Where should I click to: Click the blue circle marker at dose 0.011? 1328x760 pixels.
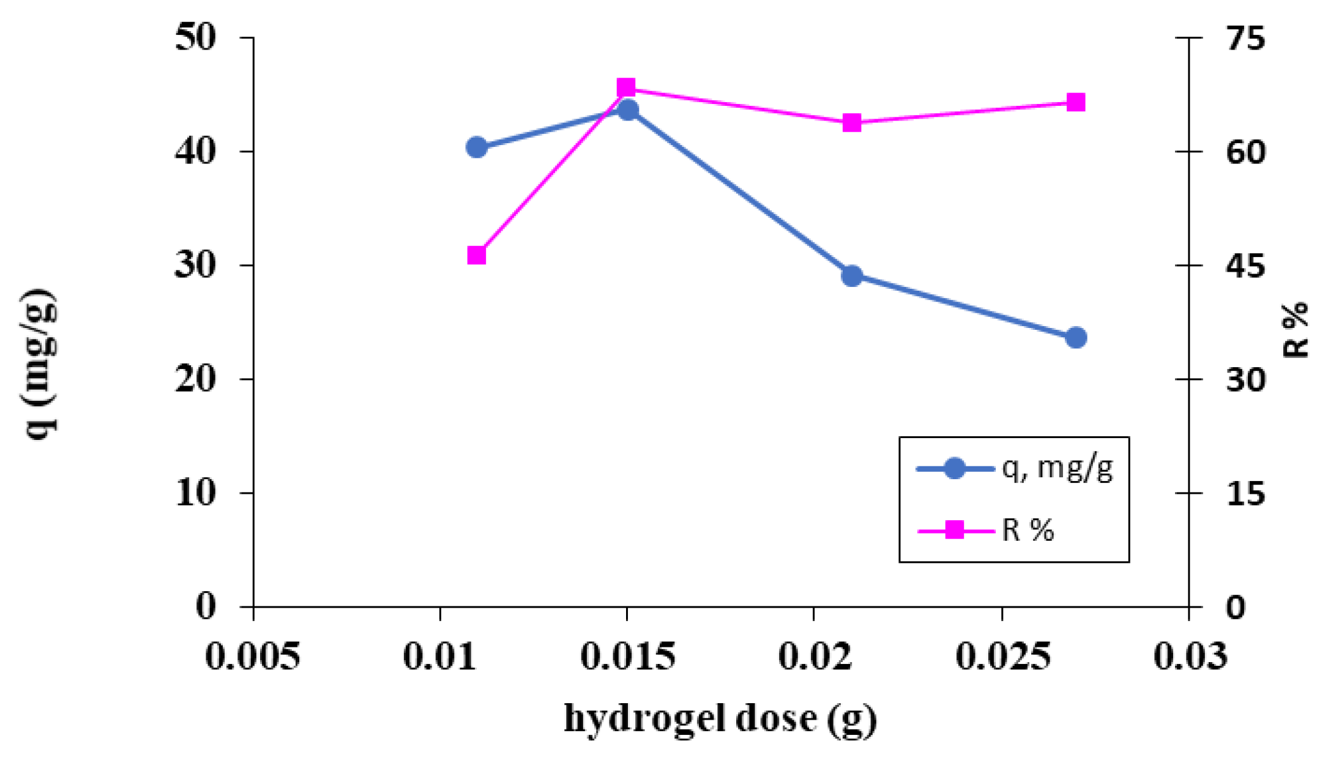477,147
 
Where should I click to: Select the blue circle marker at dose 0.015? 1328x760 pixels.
628,110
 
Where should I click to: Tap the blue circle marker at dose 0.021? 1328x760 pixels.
852,276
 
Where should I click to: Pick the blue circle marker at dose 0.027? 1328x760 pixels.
1076,338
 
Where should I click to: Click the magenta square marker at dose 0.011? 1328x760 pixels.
477,255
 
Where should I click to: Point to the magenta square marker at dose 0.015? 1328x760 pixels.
625,88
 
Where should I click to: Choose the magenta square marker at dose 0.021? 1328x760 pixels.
852,123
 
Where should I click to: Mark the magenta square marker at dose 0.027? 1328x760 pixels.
1076,102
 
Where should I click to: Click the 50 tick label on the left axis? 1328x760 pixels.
195,38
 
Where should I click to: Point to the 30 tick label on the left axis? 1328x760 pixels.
195,266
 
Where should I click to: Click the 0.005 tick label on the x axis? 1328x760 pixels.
252,657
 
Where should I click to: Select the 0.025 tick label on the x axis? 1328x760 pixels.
1003,657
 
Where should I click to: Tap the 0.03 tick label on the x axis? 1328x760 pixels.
1190,657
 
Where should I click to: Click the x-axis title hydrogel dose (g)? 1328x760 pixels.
720,720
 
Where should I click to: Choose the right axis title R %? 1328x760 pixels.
1295,330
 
